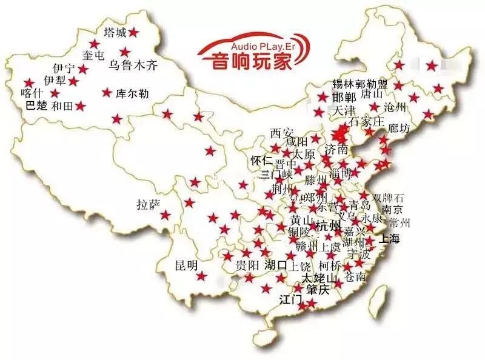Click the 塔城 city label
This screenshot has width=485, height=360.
115,32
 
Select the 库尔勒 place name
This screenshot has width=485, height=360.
132,94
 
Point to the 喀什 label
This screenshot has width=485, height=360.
32,93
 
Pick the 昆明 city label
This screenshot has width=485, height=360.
186,265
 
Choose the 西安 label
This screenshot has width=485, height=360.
281,133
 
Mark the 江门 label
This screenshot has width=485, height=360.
290,299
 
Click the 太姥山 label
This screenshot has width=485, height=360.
319,278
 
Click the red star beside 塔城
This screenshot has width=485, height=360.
133,32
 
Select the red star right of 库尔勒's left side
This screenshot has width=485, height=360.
107,93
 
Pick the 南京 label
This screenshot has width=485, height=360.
389,210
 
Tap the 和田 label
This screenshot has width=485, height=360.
62,106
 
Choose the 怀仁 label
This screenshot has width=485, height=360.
261,160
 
